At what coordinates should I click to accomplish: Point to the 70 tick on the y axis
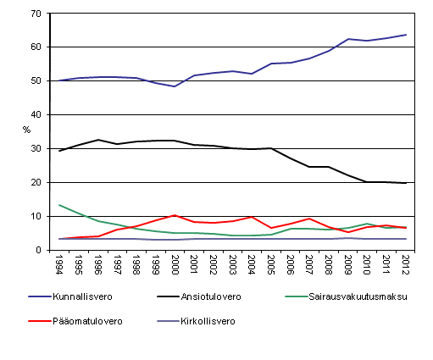(35, 14)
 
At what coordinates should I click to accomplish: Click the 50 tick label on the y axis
(35, 81)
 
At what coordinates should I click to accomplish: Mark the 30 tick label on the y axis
(35, 149)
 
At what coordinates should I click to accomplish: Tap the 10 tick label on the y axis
(35, 217)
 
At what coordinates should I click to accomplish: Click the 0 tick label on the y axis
(38, 251)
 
